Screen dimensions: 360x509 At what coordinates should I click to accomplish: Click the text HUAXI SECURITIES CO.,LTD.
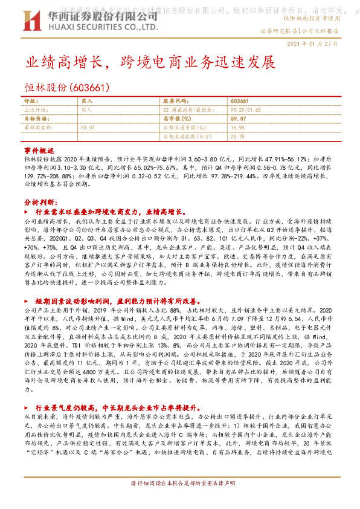tap(93, 27)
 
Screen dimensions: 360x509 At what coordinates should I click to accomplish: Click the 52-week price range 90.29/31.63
tap(249, 110)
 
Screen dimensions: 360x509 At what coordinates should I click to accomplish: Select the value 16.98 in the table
tap(237, 128)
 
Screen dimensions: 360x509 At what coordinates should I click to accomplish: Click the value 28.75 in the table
tap(237, 137)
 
